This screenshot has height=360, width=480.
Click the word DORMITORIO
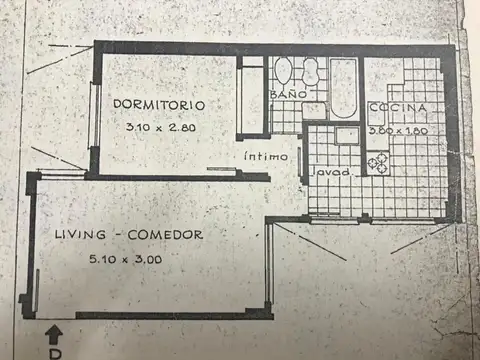pyautogui.click(x=159, y=104)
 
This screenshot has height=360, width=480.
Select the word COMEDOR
pyautogui.click(x=171, y=235)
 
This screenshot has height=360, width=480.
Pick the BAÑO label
pyautogui.click(x=284, y=95)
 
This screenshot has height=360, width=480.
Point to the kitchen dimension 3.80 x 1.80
pyautogui.click(x=398, y=130)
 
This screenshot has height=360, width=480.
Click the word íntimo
pyautogui.click(x=267, y=157)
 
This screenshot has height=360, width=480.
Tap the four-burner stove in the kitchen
pyautogui.click(x=378, y=163)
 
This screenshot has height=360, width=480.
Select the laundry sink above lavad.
pyautogui.click(x=345, y=136)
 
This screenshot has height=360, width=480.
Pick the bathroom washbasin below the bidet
pyautogui.click(x=315, y=109)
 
